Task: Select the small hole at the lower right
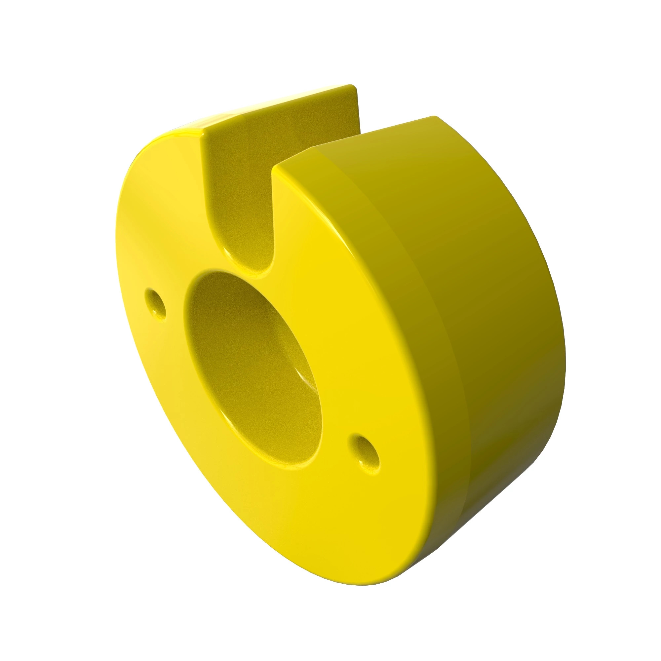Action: (x=365, y=453)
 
